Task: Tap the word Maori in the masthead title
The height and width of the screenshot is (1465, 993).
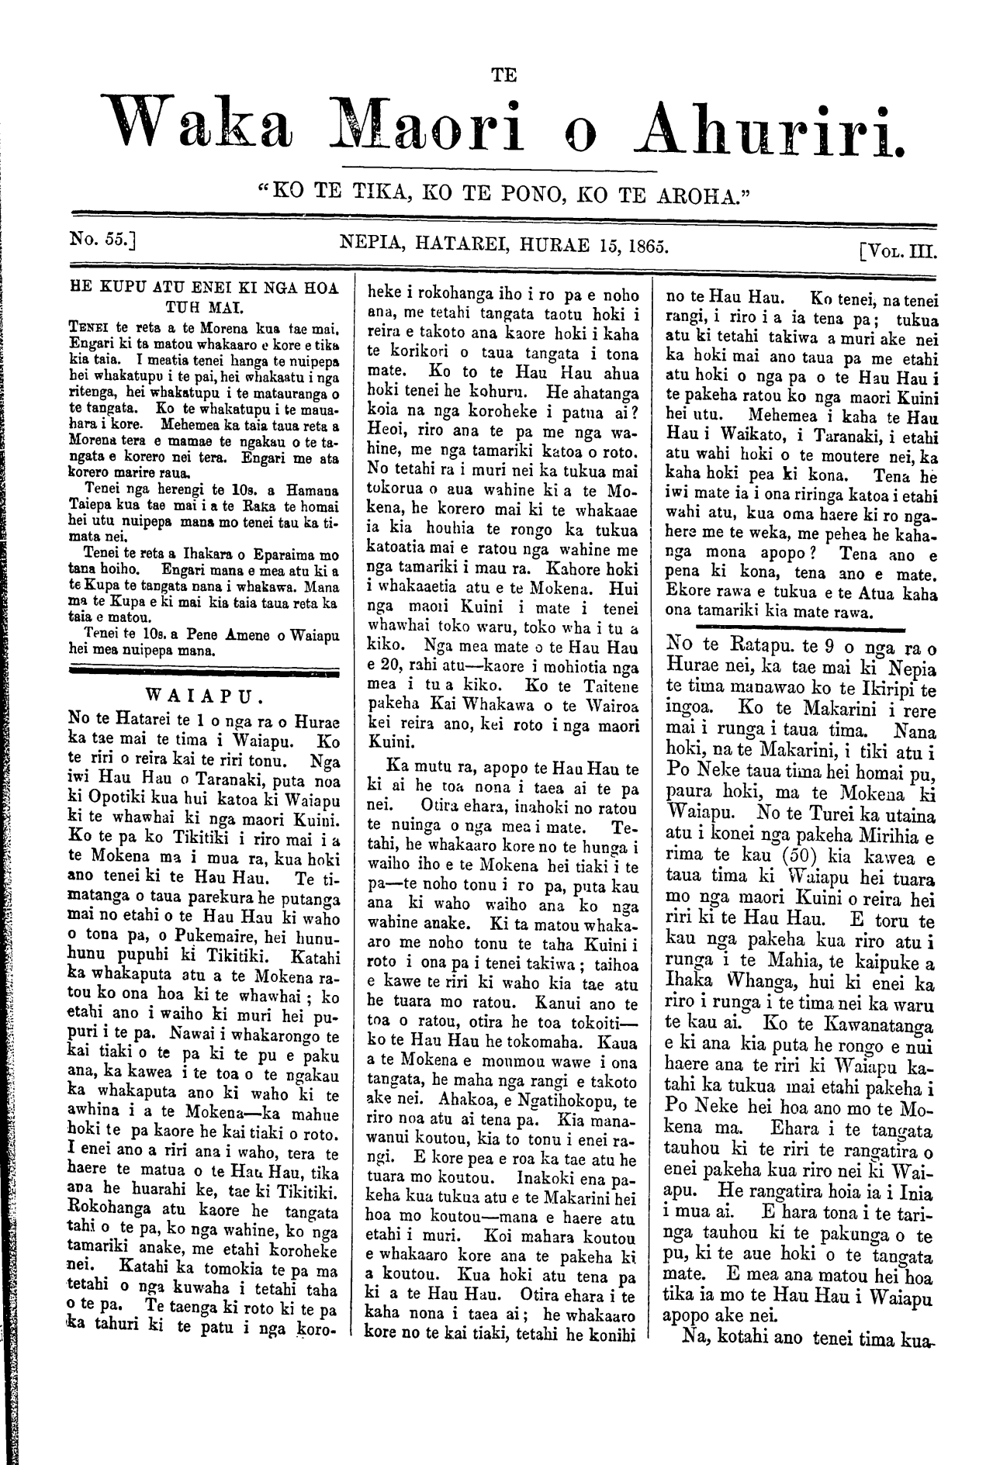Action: tap(420, 125)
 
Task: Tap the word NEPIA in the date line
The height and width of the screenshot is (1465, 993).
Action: tap(372, 247)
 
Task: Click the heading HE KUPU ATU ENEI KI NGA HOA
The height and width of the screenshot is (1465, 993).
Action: tap(205, 285)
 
